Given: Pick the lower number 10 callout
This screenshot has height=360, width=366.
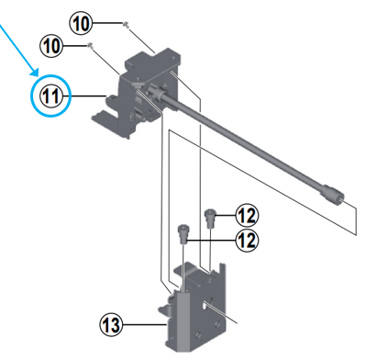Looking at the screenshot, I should [53, 44].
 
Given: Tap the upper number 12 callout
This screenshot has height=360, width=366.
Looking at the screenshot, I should [245, 216].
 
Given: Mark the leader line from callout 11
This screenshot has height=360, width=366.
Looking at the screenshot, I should [87, 96].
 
